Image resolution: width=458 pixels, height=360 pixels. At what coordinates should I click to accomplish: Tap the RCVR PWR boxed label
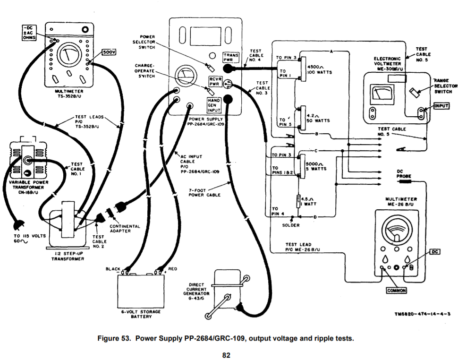216,81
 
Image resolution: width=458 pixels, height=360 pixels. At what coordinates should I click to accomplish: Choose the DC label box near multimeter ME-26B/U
434,252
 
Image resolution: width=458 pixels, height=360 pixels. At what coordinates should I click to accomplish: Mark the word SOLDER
291,225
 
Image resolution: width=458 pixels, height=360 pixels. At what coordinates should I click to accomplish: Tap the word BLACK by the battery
113,269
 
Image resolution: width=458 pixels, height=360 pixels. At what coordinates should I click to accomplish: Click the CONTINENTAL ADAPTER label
125,229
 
